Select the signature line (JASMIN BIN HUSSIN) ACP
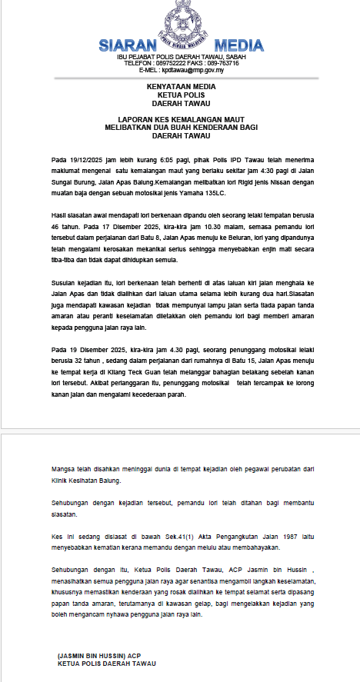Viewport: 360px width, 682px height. pyautogui.click(x=100, y=655)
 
